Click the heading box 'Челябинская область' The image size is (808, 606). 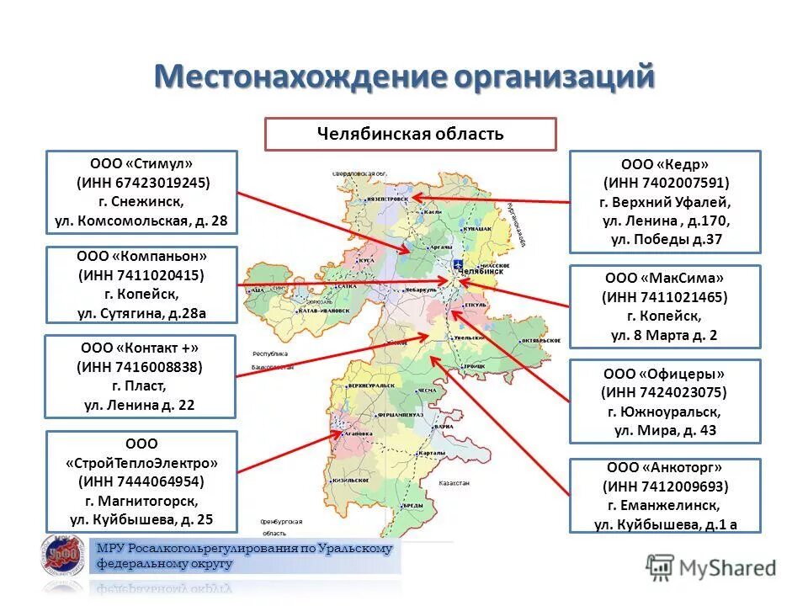point(410,134)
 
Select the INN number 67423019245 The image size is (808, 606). point(142,183)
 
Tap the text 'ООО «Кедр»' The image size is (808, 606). point(664,165)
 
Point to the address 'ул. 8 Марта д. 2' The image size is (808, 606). point(664,335)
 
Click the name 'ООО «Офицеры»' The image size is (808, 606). point(664,374)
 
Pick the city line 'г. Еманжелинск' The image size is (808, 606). point(664,505)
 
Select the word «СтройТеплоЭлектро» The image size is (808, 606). point(141,462)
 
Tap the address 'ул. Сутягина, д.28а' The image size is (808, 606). point(141,314)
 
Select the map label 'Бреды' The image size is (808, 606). point(412,505)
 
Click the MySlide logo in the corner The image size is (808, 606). point(711,566)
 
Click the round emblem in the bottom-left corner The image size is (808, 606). point(62,561)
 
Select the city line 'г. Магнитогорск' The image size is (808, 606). point(141,501)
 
